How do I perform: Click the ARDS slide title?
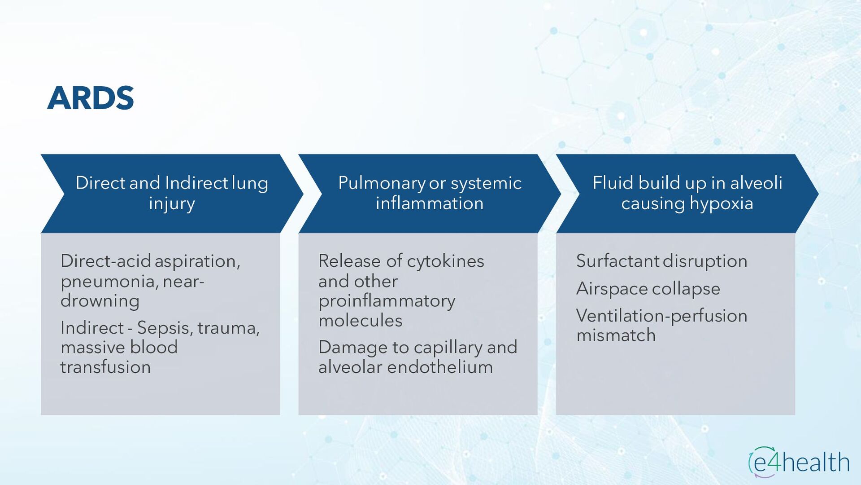tap(91, 98)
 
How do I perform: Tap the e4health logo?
tap(799, 462)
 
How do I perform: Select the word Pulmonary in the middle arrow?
tap(382, 183)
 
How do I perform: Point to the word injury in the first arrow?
tap(172, 204)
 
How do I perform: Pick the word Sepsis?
tap(164, 328)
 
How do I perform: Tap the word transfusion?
tap(105, 367)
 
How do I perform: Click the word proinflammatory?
tap(387, 301)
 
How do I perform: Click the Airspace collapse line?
tap(648, 289)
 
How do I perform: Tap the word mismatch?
tap(616, 335)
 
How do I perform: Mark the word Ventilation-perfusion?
tap(661, 316)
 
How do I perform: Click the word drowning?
tap(100, 301)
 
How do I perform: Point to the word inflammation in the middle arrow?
tap(430, 204)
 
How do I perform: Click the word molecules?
tap(360, 321)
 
